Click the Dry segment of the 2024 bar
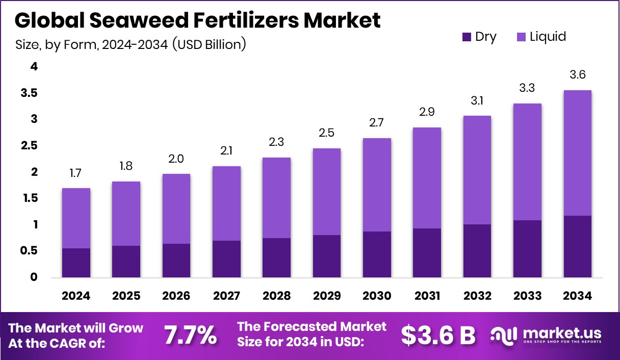point(76,263)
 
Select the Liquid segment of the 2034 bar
point(578,153)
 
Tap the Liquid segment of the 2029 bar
point(327,191)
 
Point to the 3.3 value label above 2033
point(527,88)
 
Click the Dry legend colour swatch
point(467,37)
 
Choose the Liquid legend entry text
point(548,37)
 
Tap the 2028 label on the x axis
point(277,296)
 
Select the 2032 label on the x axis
point(477,296)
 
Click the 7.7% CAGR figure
point(190,335)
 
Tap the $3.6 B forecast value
point(438,335)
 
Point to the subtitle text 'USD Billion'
point(209,45)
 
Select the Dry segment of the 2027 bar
point(226,259)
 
